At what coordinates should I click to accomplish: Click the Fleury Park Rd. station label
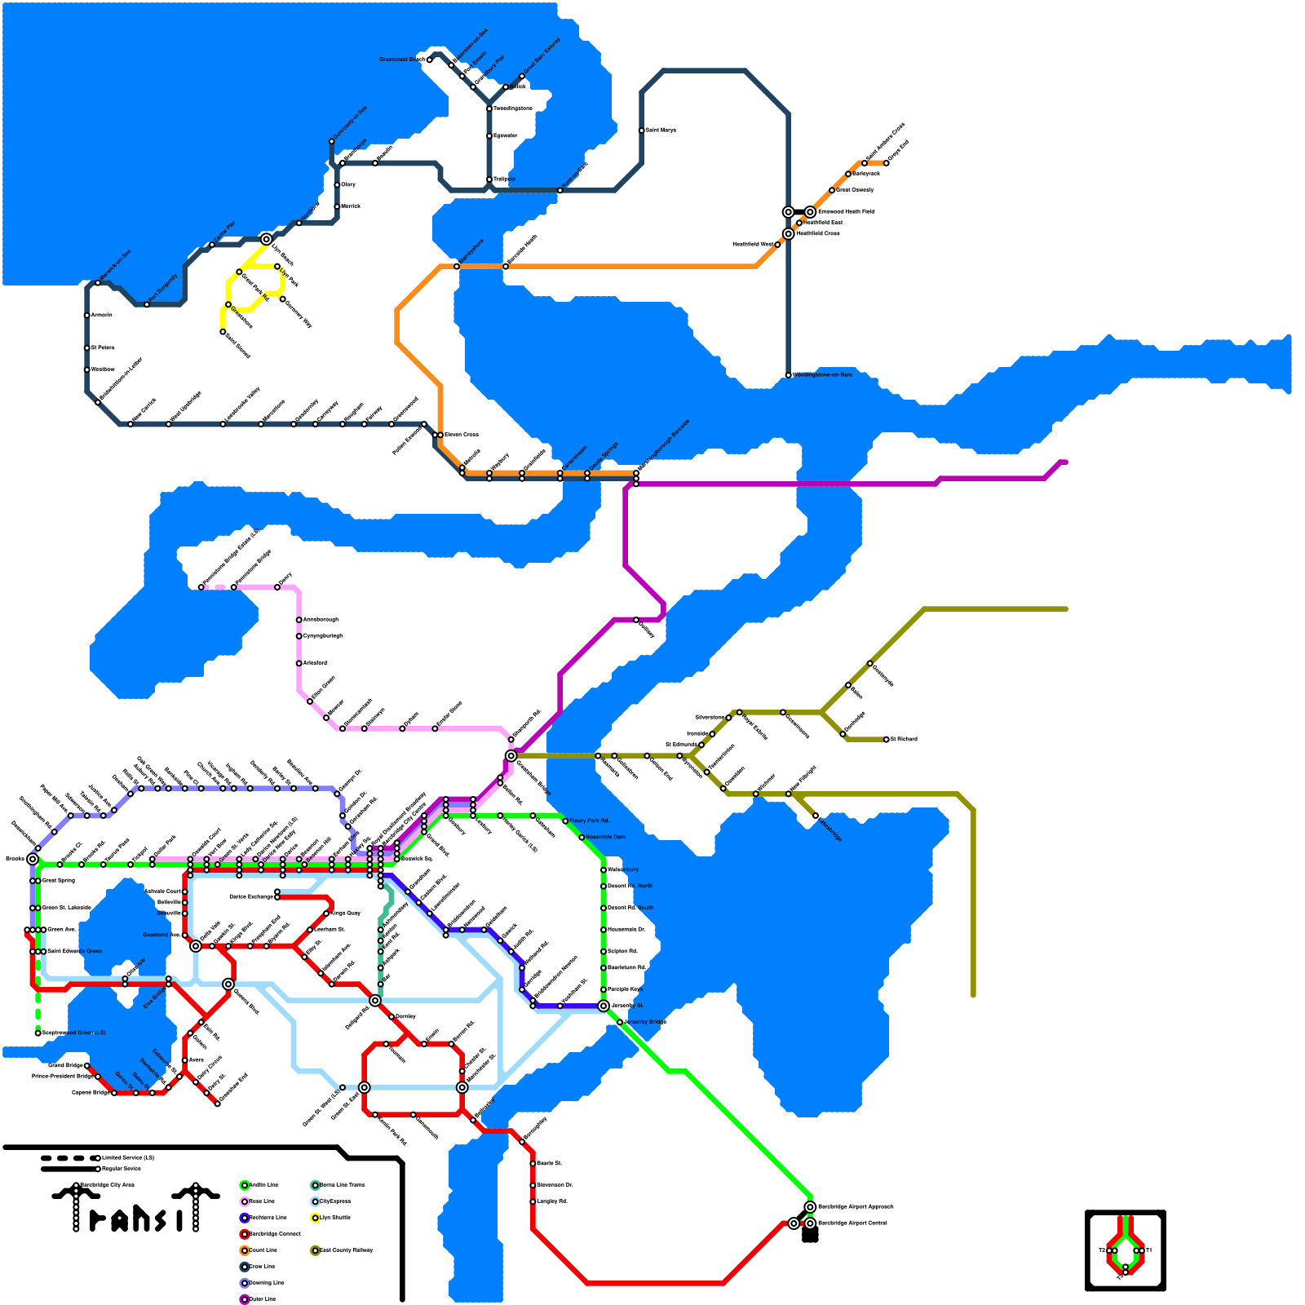tap(590, 821)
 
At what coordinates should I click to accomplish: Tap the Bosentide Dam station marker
tap(582, 838)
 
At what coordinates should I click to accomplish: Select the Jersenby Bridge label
tap(646, 1022)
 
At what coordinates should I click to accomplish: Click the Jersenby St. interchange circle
tap(604, 1006)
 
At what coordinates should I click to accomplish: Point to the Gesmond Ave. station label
tap(161, 935)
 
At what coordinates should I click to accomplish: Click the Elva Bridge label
tap(154, 998)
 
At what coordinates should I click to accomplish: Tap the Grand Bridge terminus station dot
tap(87, 1065)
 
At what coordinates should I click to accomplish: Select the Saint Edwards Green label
tap(75, 951)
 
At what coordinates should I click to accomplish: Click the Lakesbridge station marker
tap(816, 816)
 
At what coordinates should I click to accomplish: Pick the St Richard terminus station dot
tap(887, 739)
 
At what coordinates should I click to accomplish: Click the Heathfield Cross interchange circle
tap(789, 234)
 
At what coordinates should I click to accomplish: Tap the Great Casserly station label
tap(856, 190)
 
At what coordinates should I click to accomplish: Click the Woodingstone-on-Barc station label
tap(823, 375)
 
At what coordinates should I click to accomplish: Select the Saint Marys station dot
tap(642, 130)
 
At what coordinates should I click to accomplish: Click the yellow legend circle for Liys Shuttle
tap(316, 1218)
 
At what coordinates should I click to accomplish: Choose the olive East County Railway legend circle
tap(316, 1250)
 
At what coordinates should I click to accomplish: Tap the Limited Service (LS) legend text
tap(128, 1157)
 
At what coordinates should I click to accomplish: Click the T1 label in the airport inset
tap(1149, 1250)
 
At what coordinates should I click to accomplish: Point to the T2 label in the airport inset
tap(1101, 1250)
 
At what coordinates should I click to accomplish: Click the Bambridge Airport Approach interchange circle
tap(810, 1207)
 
